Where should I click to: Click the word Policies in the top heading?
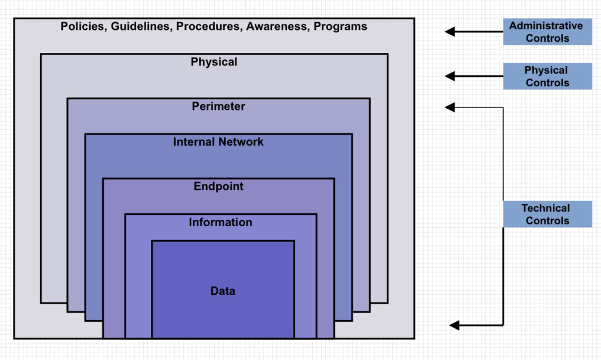click(82, 26)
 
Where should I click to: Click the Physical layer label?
click(214, 62)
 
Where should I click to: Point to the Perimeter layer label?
click(218, 106)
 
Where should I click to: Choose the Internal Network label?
click(218, 142)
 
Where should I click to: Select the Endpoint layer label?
click(218, 187)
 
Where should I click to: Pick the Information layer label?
click(220, 223)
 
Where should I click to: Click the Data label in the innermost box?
click(222, 291)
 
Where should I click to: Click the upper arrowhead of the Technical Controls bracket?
click(450, 107)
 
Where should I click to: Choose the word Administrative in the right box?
click(546, 26)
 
